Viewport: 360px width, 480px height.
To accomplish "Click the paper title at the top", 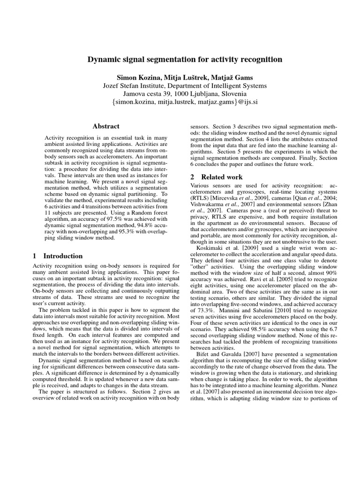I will click(x=185, y=60).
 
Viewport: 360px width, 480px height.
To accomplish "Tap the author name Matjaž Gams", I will click(x=231, y=76).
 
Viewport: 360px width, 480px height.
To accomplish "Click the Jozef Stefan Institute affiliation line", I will click(x=185, y=86).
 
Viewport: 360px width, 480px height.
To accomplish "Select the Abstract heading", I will click(x=106, y=127).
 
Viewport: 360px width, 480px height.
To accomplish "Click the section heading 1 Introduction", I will click(x=58, y=256).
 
